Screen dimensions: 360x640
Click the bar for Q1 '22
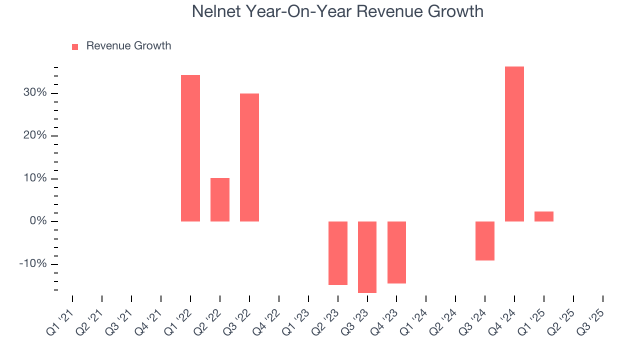coord(190,148)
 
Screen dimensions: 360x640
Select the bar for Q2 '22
coord(220,199)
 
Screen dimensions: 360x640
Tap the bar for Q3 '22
coord(249,157)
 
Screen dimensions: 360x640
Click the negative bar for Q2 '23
coord(338,253)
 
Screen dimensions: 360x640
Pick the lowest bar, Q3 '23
coord(367,257)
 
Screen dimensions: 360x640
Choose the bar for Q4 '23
coord(396,252)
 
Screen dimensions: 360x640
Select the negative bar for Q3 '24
coord(485,241)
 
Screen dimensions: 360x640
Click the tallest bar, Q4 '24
coord(514,144)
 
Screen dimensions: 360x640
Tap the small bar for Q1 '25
coord(544,216)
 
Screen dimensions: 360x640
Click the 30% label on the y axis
coord(34,93)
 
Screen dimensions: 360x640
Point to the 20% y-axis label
coord(34,136)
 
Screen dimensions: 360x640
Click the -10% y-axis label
coord(33,264)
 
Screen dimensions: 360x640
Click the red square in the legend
coord(75,47)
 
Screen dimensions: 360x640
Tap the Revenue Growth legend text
coord(128,46)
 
